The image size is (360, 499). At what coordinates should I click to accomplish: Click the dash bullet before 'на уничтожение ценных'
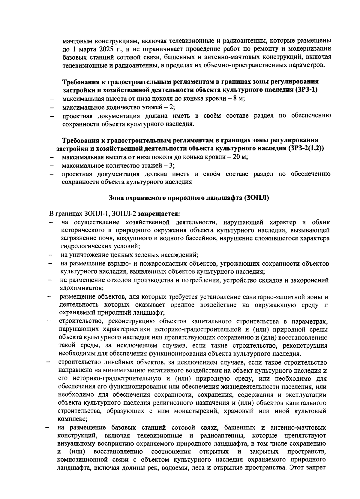click(x=51, y=255)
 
